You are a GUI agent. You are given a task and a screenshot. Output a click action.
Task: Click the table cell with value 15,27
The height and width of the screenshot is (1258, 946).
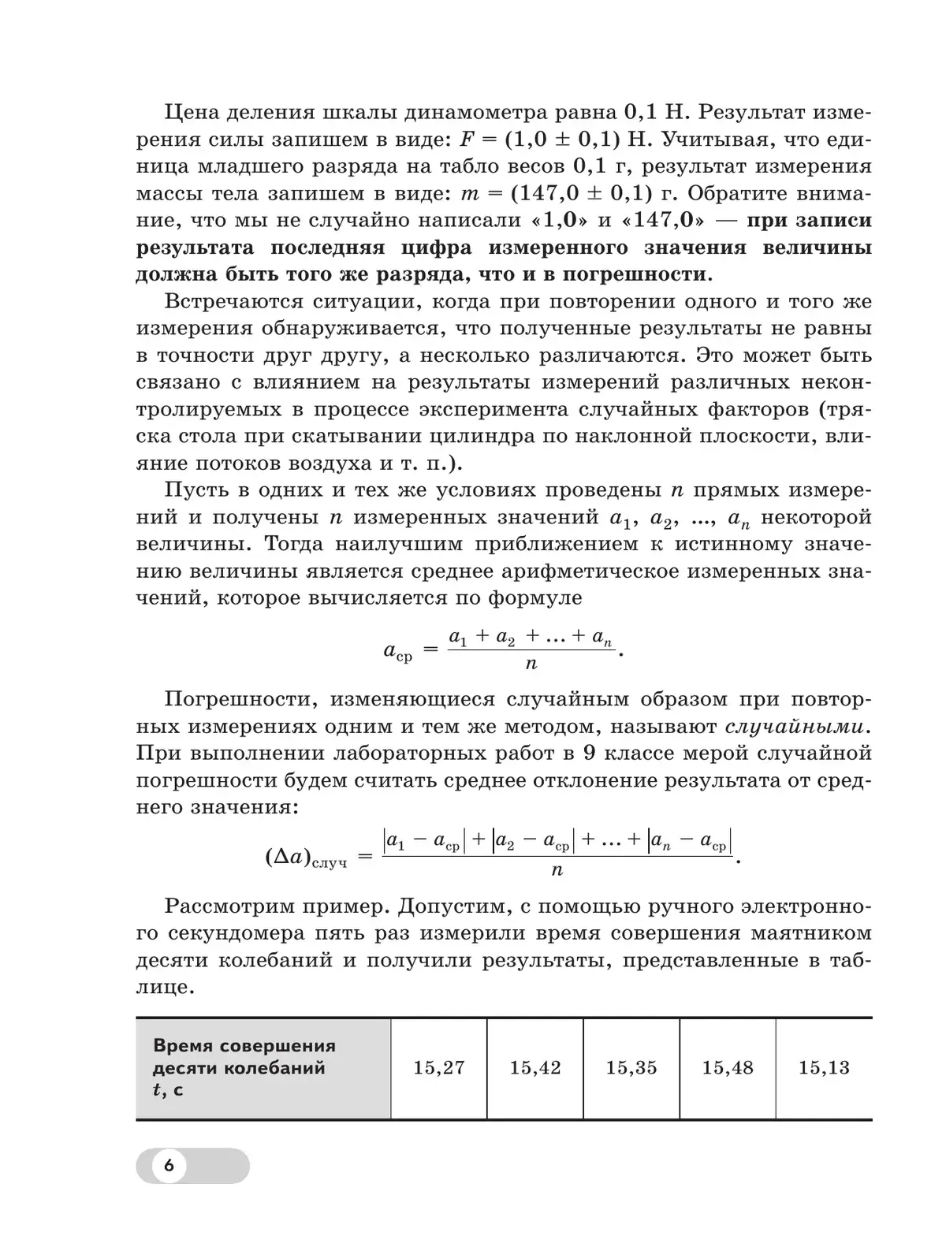pos(439,1068)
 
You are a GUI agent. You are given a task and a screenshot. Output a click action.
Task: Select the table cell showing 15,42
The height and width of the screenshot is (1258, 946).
pos(535,1068)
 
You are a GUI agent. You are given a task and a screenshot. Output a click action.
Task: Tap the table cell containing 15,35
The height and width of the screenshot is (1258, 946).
pos(631,1068)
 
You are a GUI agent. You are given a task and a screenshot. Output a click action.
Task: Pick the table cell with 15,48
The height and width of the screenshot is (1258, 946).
pos(728,1068)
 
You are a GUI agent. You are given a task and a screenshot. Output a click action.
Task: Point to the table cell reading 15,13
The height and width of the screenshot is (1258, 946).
pos(824,1068)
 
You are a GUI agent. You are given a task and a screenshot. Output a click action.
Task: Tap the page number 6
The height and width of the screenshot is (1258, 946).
pos(169,1166)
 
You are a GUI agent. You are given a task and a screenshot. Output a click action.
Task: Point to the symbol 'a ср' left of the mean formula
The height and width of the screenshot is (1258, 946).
pos(397,651)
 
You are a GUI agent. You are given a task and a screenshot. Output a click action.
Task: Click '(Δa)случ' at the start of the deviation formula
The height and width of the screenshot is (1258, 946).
pos(306,858)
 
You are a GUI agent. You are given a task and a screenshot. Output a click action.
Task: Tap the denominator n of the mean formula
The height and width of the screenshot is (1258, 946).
pos(531,664)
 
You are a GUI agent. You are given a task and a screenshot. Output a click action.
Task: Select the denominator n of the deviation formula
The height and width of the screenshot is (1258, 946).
pos(557,870)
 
